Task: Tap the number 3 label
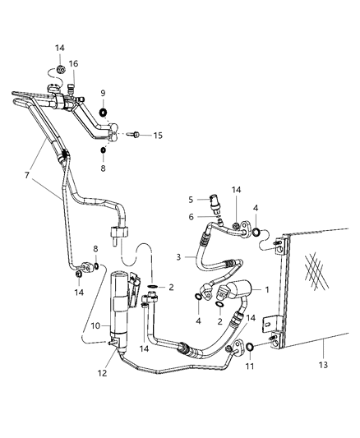[x=179, y=257]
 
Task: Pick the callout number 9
[x=104, y=93]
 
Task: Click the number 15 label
[x=159, y=135]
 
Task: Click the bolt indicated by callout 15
[x=136, y=135]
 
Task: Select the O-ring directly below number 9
[x=104, y=112]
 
